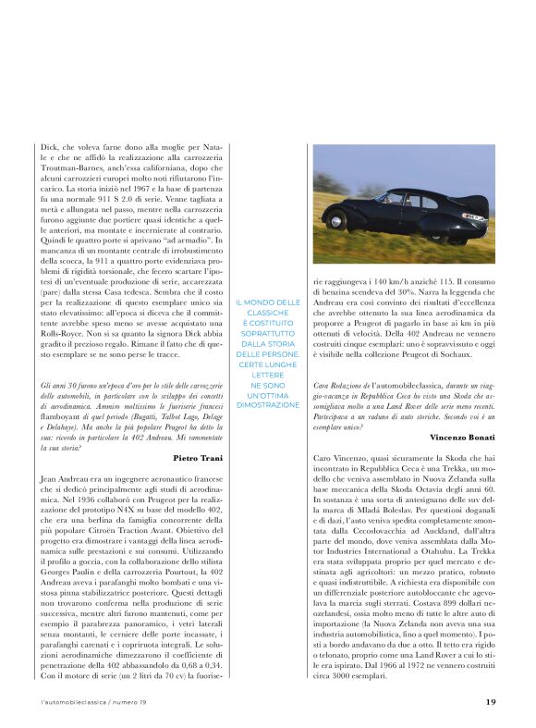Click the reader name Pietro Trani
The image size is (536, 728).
[x=201, y=457]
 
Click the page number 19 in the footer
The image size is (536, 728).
[x=492, y=701]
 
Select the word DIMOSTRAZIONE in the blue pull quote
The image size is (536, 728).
[x=267, y=404]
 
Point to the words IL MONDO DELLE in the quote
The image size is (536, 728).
[x=267, y=302]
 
